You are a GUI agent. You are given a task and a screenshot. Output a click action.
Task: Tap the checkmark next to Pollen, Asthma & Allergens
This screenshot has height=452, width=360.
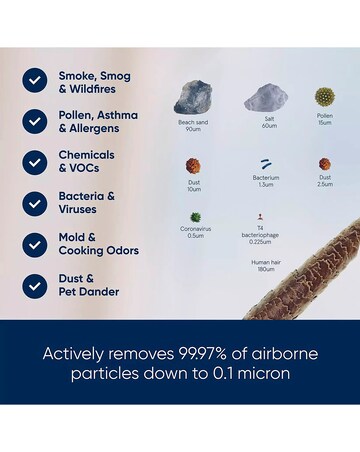click(35, 122)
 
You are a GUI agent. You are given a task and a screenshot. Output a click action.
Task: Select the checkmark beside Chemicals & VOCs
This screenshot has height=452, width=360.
click(35, 162)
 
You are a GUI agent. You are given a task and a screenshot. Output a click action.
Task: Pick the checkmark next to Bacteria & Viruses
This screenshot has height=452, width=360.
click(35, 203)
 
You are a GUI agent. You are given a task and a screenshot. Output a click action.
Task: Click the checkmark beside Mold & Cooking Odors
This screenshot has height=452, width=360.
click(35, 244)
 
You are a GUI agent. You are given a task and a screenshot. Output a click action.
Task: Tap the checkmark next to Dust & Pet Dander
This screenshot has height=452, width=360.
click(35, 285)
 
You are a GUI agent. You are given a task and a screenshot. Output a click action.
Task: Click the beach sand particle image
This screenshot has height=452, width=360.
click(193, 98)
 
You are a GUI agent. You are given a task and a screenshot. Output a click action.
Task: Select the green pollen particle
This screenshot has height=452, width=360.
click(324, 97)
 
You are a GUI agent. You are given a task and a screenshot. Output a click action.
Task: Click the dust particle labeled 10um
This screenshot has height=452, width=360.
click(194, 165)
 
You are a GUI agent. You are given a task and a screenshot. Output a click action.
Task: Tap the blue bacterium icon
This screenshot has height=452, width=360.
click(266, 164)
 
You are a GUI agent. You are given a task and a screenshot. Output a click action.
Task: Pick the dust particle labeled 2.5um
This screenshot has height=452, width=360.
click(324, 164)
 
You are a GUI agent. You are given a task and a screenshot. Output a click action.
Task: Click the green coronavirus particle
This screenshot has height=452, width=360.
click(195, 217)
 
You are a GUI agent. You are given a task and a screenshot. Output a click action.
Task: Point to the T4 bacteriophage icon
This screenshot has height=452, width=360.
click(259, 216)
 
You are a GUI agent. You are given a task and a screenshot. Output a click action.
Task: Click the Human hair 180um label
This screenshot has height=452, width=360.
click(265, 265)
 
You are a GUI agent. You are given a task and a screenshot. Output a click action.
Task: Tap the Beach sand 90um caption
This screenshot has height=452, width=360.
click(193, 126)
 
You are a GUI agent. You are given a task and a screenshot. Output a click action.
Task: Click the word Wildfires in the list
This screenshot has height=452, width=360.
click(97, 89)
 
